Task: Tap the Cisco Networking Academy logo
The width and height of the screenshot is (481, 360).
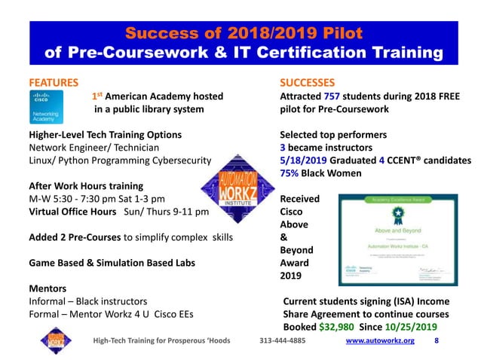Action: [50, 108]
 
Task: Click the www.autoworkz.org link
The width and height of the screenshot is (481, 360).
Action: [379, 340]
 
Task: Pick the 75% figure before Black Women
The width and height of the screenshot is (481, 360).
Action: [291, 173]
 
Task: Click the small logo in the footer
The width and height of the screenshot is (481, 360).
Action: [54, 340]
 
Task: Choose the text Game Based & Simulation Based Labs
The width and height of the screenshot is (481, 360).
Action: [104, 263]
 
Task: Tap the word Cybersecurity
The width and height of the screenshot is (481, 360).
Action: [180, 160]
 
